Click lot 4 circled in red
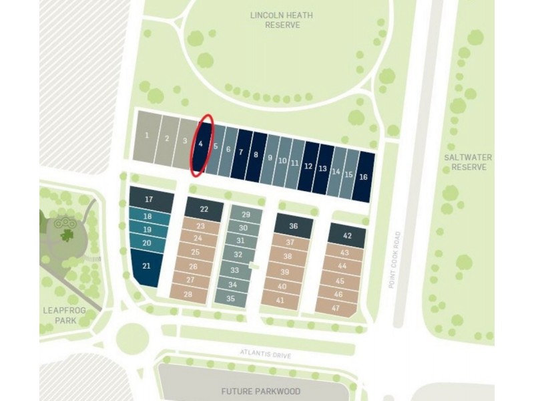coord(202,144)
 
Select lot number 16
coord(363,177)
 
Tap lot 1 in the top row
coord(146,136)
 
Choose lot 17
coord(149,199)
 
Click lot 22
coord(204,209)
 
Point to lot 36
coord(293,226)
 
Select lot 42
coord(347,235)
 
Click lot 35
coord(230,299)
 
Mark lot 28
coord(188,295)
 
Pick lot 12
coord(308,166)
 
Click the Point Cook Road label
coord(397,260)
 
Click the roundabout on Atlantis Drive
coord(131,338)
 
